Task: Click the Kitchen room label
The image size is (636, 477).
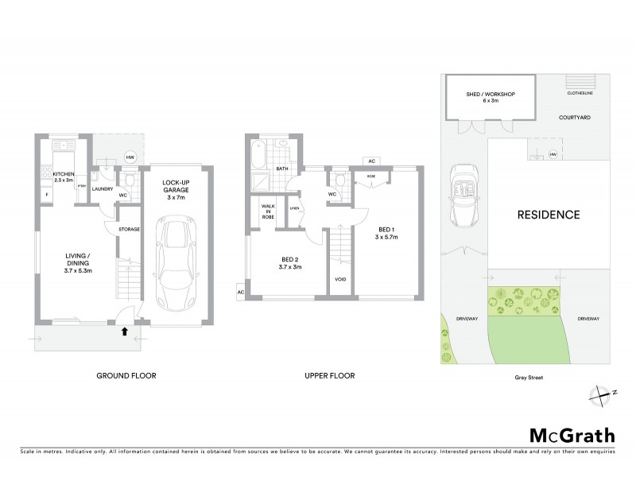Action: point(63,176)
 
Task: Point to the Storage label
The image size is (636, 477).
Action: point(129,230)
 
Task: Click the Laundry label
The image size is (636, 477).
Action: point(103,189)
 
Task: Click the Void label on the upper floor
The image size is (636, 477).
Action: point(340,280)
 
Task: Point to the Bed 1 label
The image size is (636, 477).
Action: point(387,232)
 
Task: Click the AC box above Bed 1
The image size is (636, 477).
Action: point(370,161)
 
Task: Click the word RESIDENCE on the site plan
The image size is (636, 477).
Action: point(549,215)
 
